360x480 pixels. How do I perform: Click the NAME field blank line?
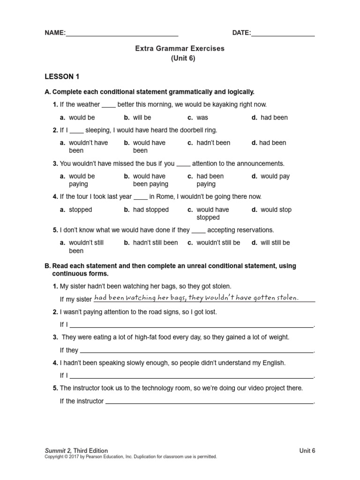click(x=122, y=34)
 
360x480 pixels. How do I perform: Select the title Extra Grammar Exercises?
click(x=180, y=48)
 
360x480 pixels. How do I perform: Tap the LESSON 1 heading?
click(x=59, y=76)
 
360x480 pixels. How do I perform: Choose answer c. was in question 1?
click(x=198, y=118)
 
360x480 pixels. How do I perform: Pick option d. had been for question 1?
click(x=270, y=118)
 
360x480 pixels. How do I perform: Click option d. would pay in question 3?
click(x=270, y=176)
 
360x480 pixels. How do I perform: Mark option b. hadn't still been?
click(x=151, y=243)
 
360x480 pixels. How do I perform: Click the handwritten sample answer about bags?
click(x=196, y=298)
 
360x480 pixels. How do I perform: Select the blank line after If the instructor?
click(x=209, y=401)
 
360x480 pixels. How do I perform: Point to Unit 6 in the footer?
click(x=307, y=450)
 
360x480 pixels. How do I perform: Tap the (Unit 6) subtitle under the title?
click(x=180, y=59)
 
